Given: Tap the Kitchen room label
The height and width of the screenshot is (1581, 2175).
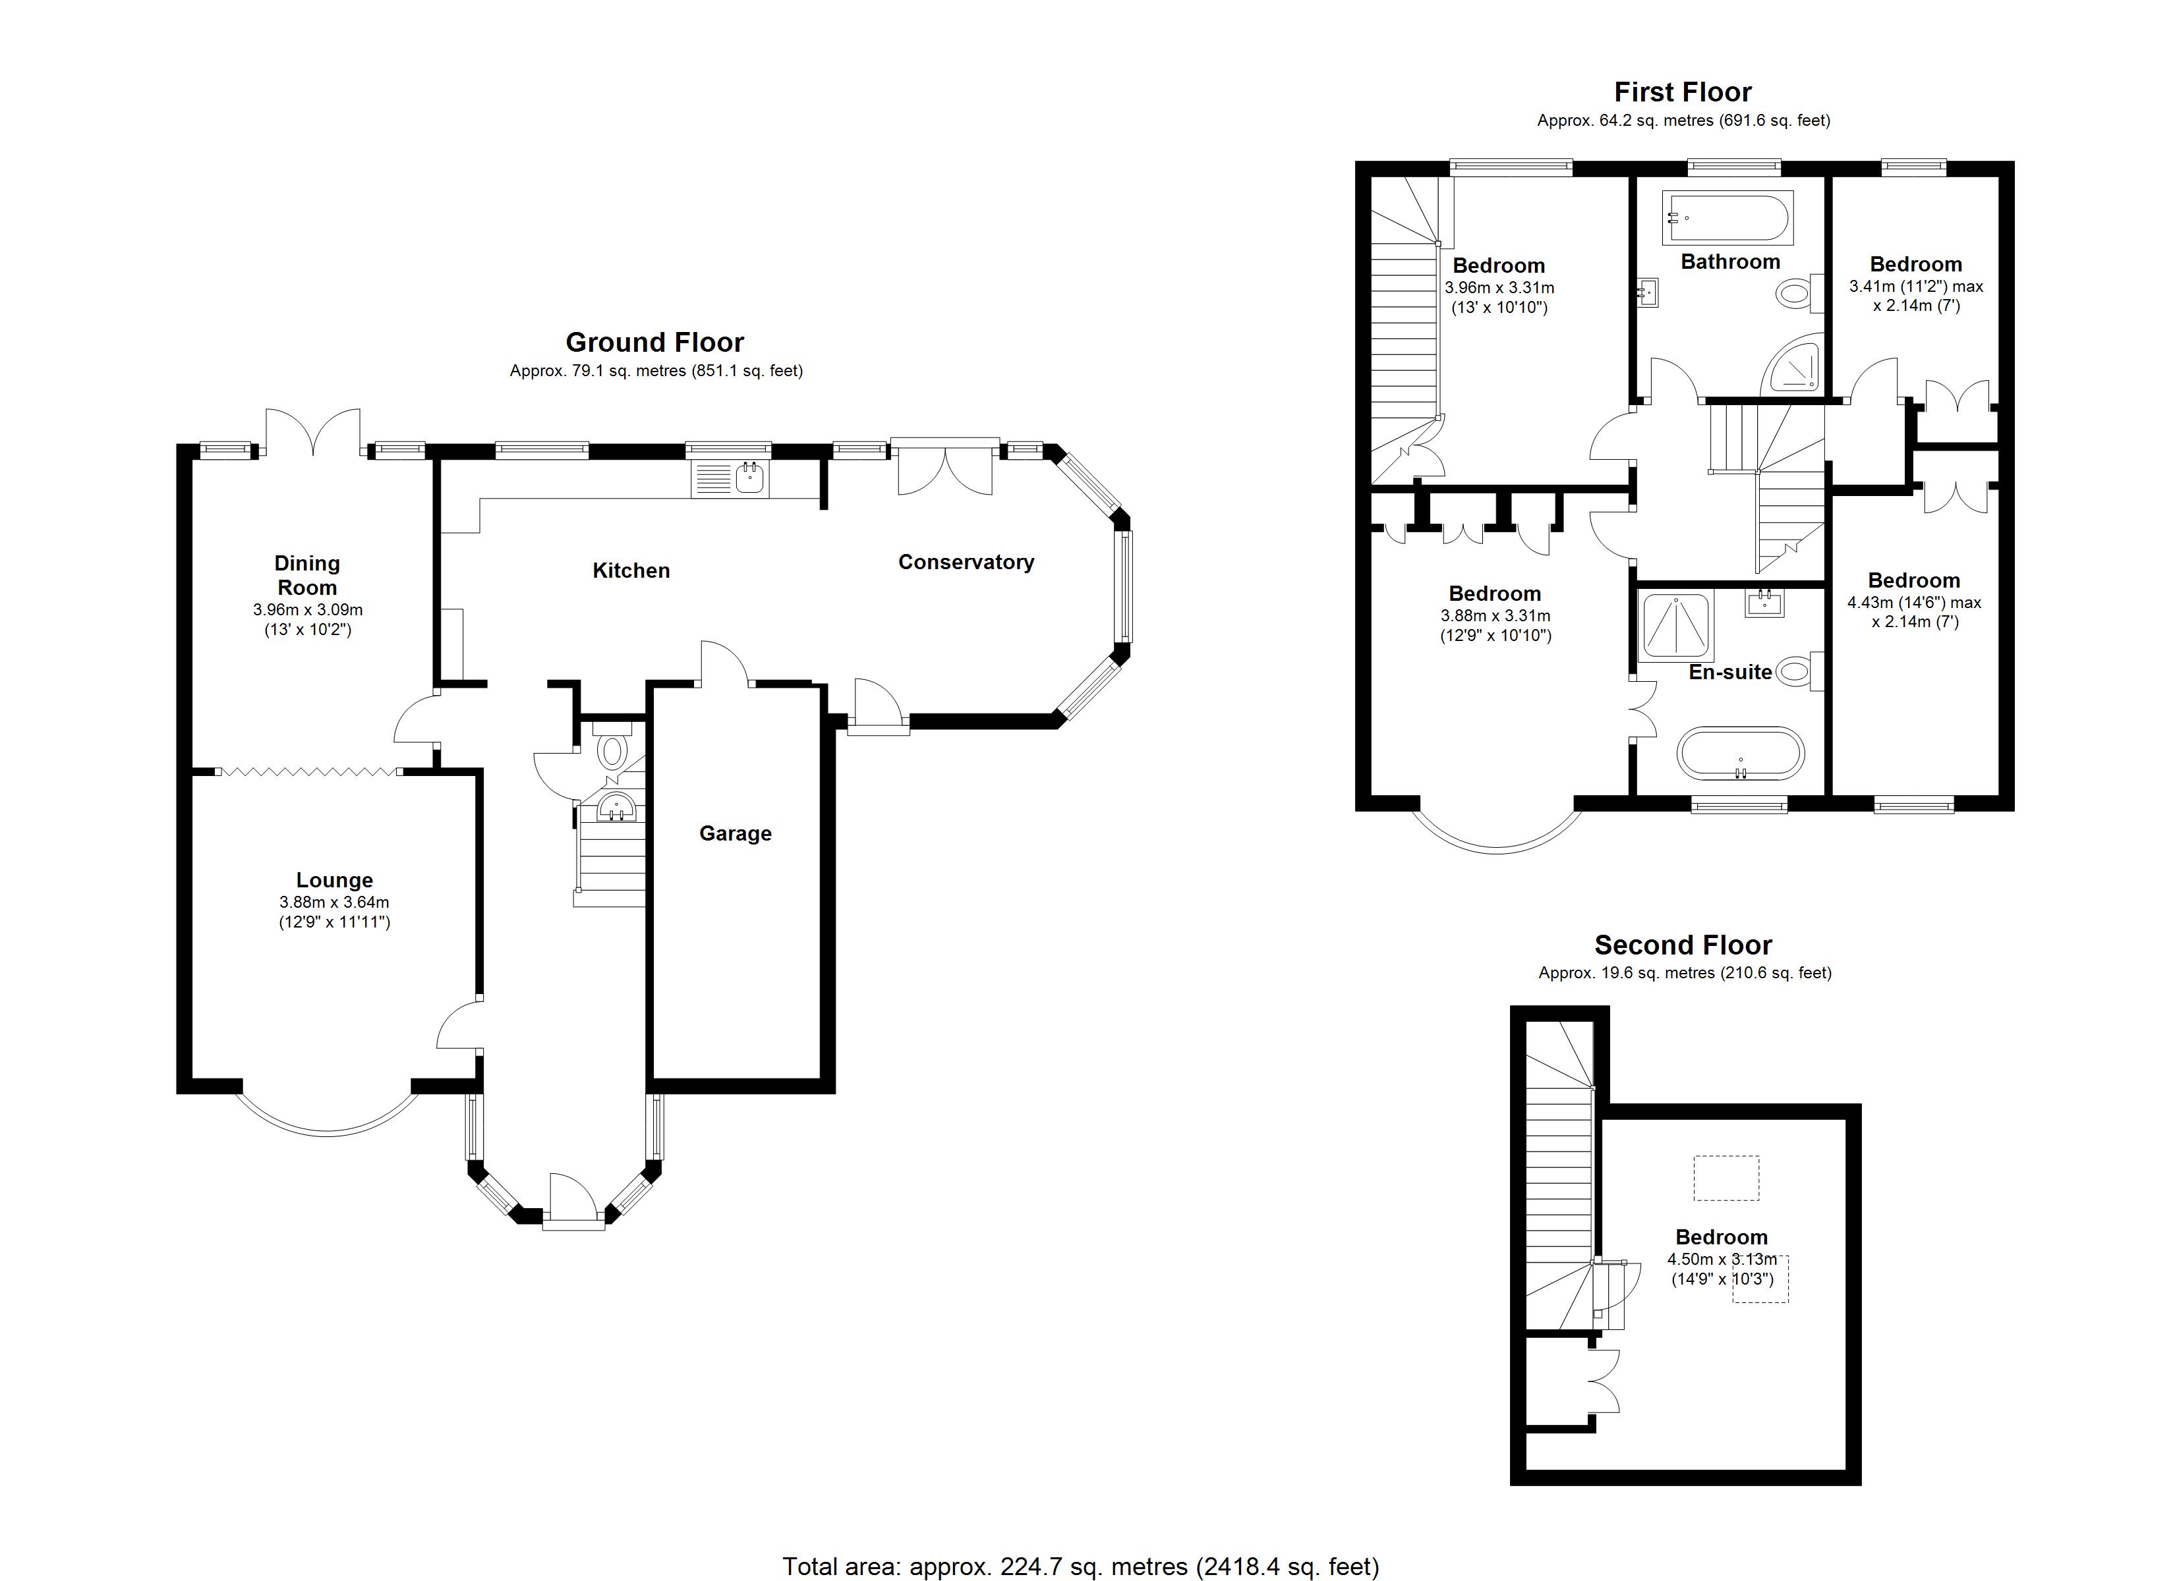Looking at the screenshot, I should pyautogui.click(x=631, y=570).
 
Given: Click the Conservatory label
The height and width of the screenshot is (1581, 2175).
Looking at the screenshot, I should pyautogui.click(x=966, y=562).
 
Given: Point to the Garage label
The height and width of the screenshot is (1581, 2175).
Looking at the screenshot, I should pyautogui.click(x=736, y=833).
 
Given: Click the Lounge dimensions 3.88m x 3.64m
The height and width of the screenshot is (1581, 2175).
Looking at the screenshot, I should pyautogui.click(x=333, y=902).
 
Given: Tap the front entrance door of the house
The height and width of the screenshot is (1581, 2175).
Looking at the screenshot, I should pyautogui.click(x=573, y=1198).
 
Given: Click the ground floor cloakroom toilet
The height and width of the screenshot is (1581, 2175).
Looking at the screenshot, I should pyautogui.click(x=611, y=751).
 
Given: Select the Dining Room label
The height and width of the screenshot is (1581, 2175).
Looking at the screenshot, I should pyautogui.click(x=307, y=575).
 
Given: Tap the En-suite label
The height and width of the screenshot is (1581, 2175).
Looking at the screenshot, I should pyautogui.click(x=1730, y=672).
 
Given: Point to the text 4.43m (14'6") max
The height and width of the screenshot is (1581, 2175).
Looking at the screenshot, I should pyautogui.click(x=1914, y=602).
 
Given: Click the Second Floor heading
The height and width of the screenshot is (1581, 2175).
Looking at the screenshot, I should pyautogui.click(x=1683, y=945).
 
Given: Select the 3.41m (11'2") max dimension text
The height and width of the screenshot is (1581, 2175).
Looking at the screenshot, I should pyautogui.click(x=1916, y=286).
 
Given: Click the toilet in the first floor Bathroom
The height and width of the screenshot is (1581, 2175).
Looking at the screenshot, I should pyautogui.click(x=1791, y=293).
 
